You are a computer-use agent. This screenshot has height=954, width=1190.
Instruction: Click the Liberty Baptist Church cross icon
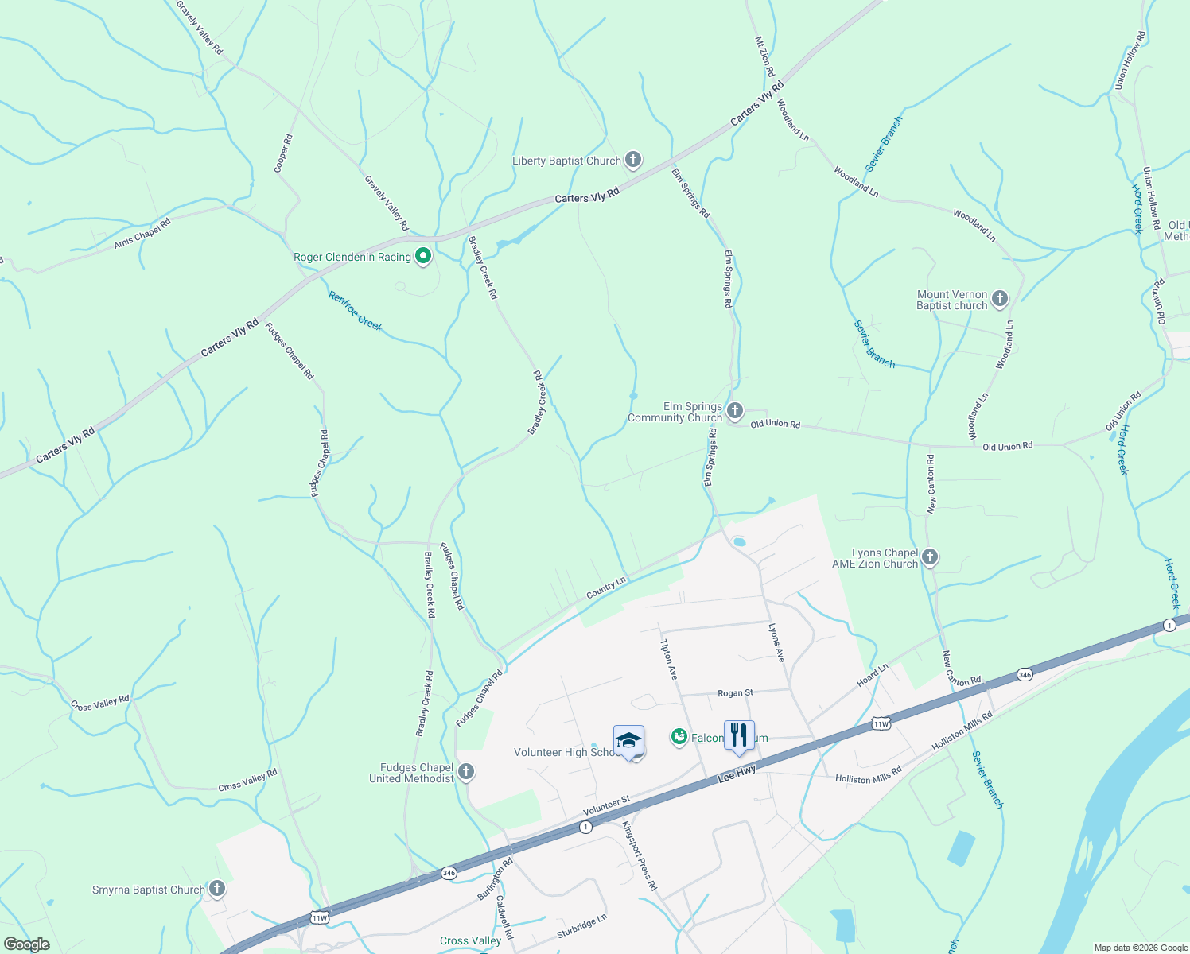pyautogui.click(x=633, y=161)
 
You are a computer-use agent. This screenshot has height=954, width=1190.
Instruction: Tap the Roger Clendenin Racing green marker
pyautogui.click(x=423, y=256)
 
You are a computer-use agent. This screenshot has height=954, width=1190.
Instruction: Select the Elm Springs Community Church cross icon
pyautogui.click(x=735, y=411)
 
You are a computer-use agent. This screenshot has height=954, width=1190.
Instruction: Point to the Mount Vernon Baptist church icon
pyautogui.click(x=1000, y=299)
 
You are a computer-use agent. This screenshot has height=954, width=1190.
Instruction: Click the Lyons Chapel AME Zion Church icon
pyautogui.click(x=930, y=557)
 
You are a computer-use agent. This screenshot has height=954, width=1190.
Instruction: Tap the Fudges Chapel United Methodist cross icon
pyautogui.click(x=466, y=771)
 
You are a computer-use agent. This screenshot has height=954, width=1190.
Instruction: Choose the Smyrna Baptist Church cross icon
pyautogui.click(x=216, y=889)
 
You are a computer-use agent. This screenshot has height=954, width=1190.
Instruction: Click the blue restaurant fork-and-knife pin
pyautogui.click(x=739, y=736)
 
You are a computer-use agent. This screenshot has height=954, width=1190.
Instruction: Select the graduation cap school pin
pyautogui.click(x=628, y=741)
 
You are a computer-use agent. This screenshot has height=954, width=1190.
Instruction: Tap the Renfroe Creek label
pyautogui.click(x=356, y=312)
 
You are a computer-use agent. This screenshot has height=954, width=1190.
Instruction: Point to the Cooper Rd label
pyautogui.click(x=282, y=153)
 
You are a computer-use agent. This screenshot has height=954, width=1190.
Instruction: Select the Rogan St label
pyautogui.click(x=735, y=693)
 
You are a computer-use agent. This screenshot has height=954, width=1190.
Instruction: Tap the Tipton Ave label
pyautogui.click(x=668, y=660)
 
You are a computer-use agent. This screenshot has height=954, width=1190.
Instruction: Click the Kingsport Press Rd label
pyautogui.click(x=640, y=855)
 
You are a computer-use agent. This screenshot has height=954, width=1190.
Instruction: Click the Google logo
pyautogui.click(x=26, y=944)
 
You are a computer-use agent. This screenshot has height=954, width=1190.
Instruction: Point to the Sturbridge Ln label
pyautogui.click(x=581, y=926)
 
